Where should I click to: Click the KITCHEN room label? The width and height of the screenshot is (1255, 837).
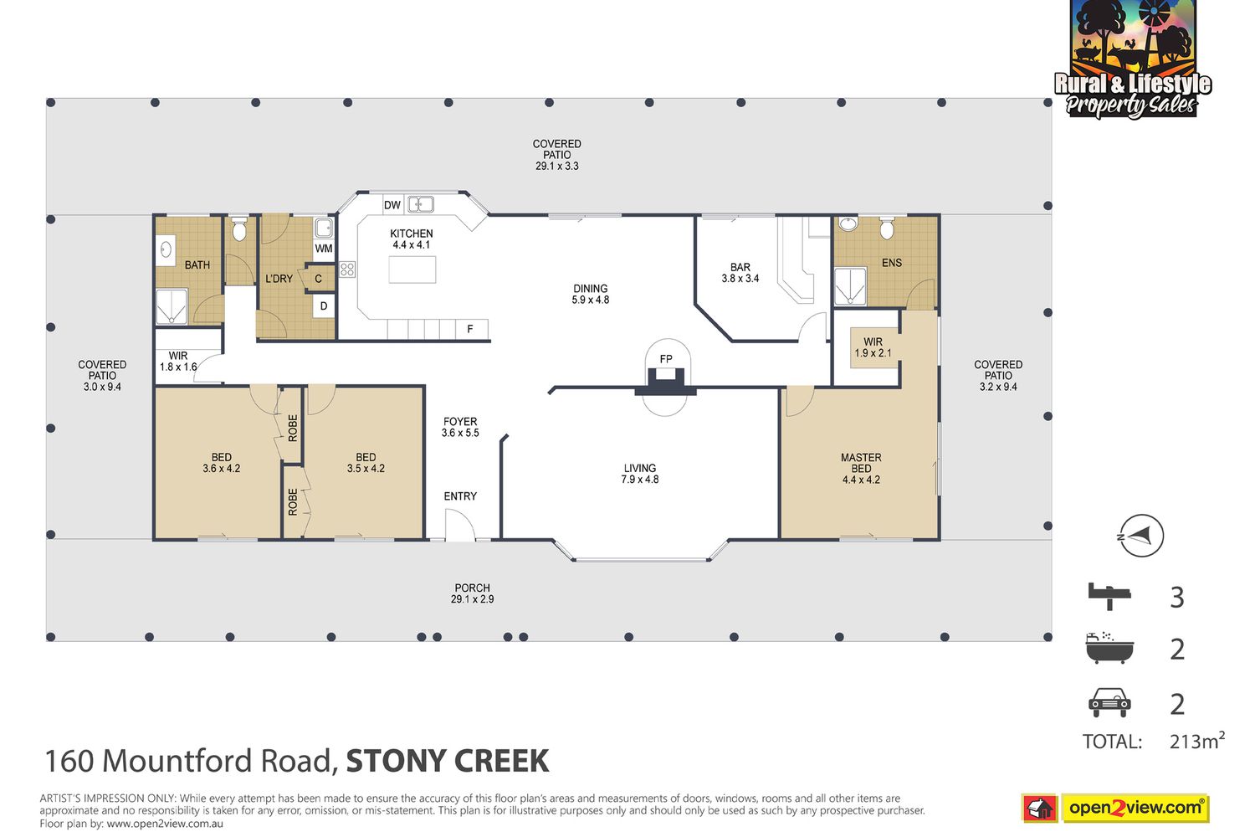point(412,234)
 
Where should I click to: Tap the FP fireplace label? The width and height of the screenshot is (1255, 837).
point(666,359)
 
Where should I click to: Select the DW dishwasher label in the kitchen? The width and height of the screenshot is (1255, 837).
point(392,205)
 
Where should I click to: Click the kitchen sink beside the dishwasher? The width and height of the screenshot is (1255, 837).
point(421,204)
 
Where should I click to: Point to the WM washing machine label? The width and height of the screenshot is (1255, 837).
point(323,249)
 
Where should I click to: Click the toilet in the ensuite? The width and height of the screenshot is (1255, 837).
point(886,229)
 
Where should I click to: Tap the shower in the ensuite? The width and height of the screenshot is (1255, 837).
point(850,286)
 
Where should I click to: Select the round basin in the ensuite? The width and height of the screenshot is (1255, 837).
point(848,223)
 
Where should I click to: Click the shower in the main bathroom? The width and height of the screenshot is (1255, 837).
point(171,306)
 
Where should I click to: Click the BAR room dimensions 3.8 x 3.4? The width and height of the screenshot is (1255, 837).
point(740,278)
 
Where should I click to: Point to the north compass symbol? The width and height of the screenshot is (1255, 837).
point(1140,536)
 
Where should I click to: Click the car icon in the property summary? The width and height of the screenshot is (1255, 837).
point(1109,702)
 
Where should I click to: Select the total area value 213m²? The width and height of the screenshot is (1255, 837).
point(1196,741)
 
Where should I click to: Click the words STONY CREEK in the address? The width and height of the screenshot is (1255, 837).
point(447,761)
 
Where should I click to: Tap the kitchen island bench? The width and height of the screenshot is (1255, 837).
point(412,270)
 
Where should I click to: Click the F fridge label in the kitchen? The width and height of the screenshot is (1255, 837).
point(470,329)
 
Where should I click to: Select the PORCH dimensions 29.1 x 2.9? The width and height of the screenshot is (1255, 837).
point(473,598)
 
